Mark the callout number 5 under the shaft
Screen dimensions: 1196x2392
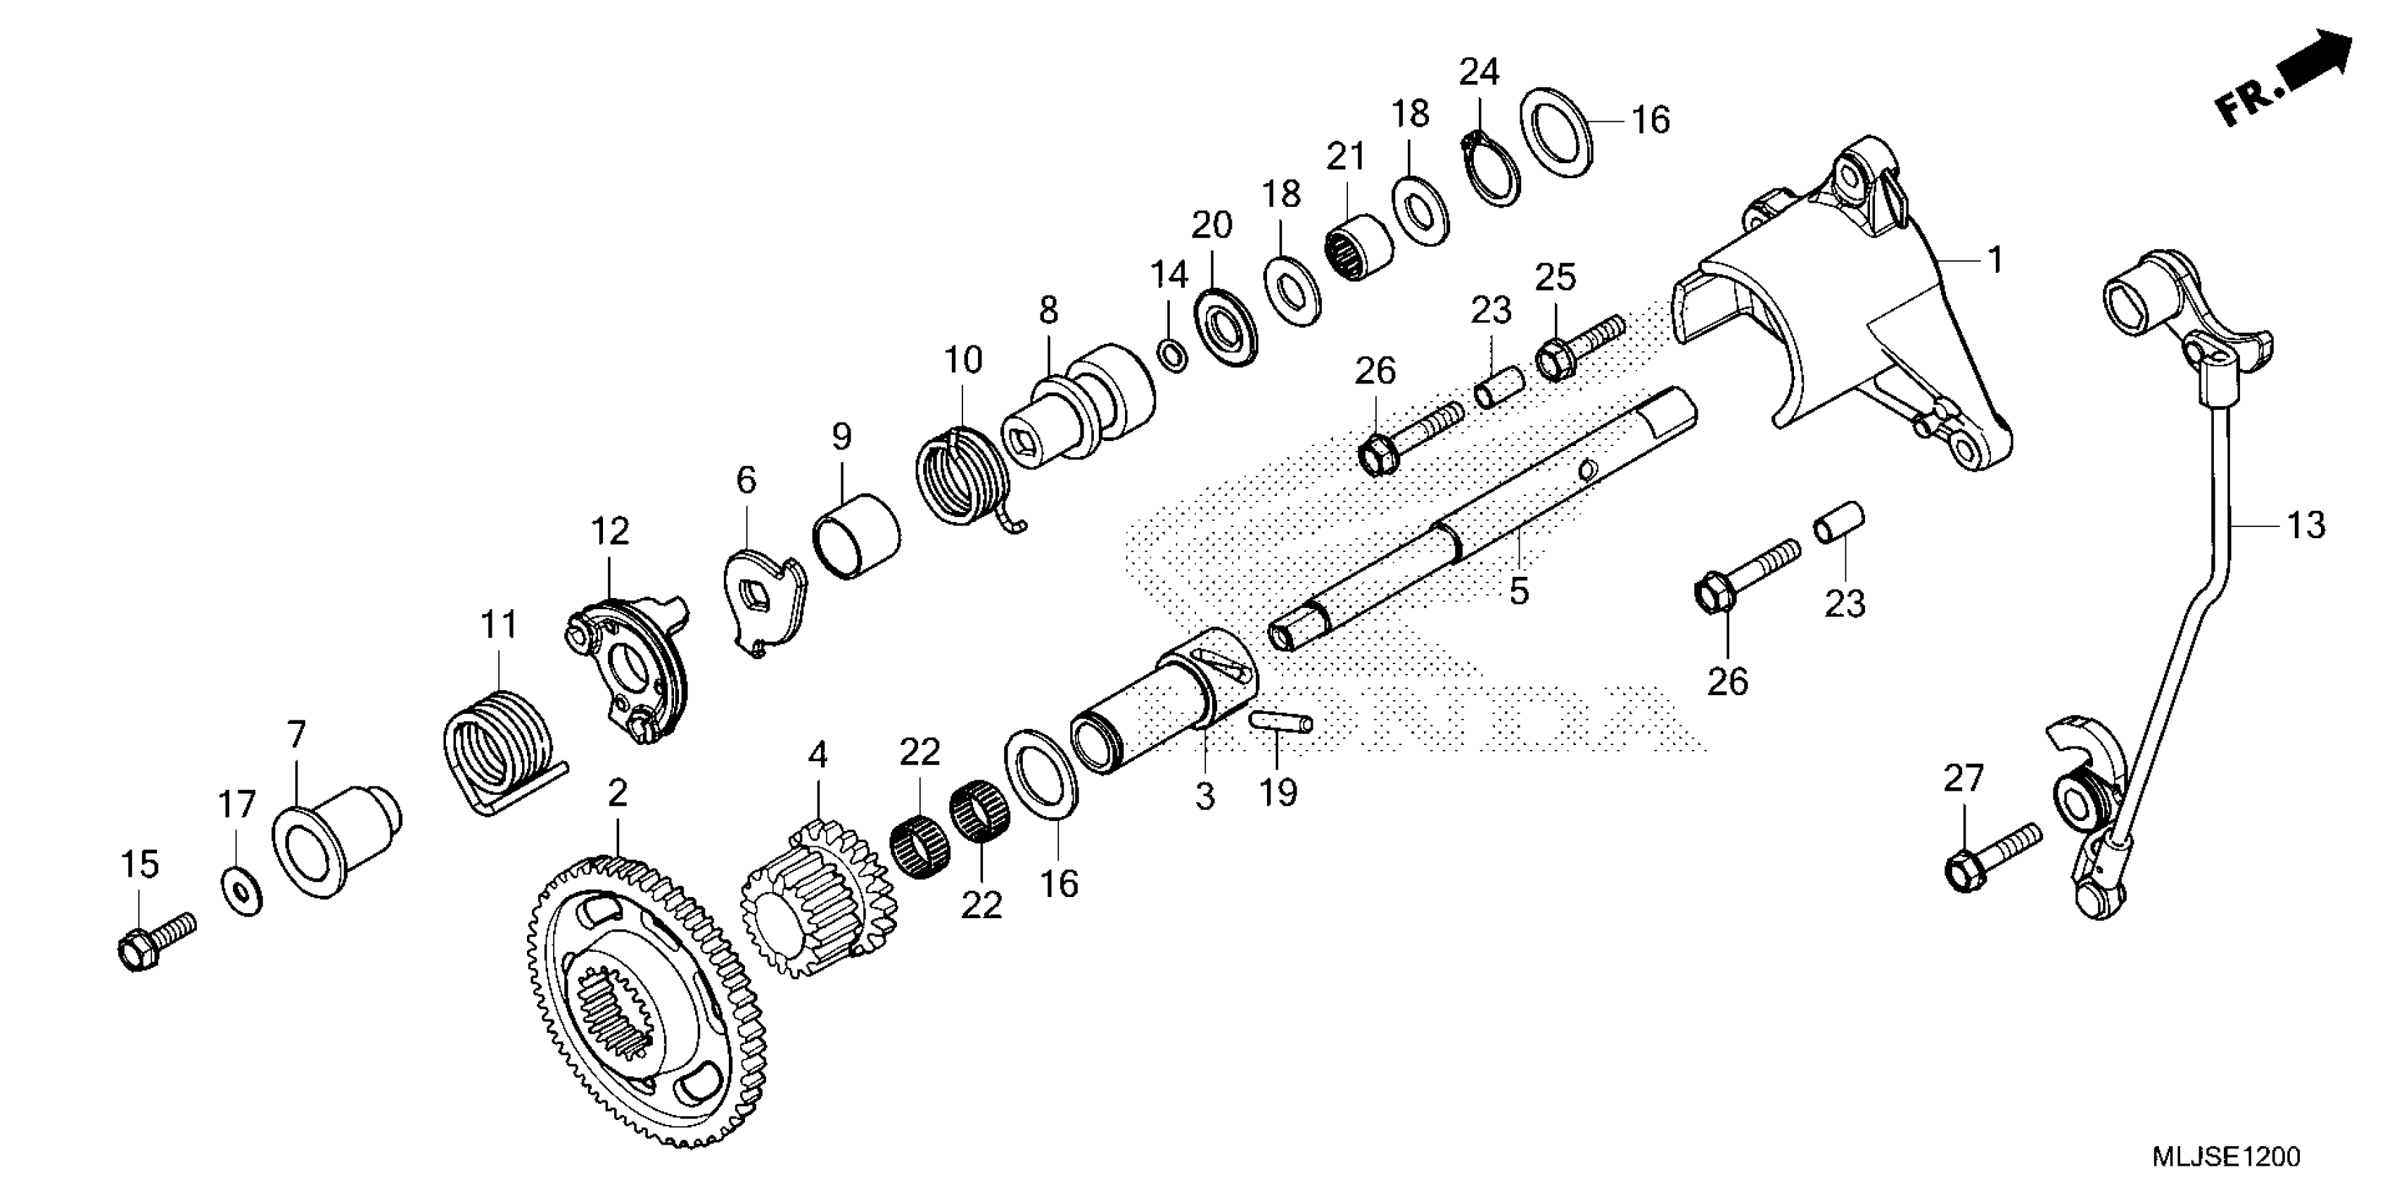click(1519, 590)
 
